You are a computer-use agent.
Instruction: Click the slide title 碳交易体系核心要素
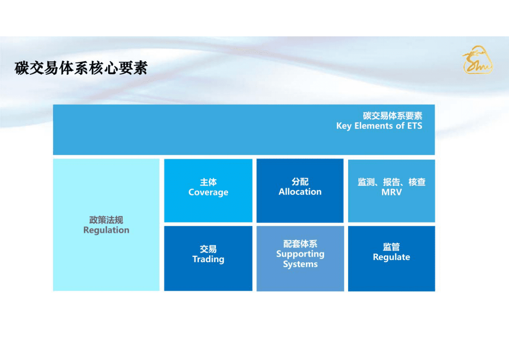click(81, 68)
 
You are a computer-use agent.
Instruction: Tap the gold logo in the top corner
click(477, 60)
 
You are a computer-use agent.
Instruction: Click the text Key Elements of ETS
click(379, 126)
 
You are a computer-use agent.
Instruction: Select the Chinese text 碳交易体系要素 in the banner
click(392, 116)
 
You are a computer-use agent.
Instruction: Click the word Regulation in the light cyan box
click(106, 230)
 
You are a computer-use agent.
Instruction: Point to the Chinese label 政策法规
click(106, 220)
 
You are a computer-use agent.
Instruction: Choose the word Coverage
click(208, 192)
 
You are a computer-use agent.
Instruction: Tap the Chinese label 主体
click(208, 183)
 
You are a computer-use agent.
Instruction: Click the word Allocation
click(300, 192)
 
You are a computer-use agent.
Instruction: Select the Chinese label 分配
click(300, 182)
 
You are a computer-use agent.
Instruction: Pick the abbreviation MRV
click(391, 192)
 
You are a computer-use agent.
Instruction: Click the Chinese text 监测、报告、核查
click(391, 182)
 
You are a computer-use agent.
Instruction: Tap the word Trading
click(208, 259)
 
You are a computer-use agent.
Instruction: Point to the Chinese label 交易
click(208, 249)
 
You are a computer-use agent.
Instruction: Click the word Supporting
click(300, 254)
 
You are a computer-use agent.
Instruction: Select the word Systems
click(300, 264)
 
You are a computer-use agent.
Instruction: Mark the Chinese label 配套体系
click(300, 244)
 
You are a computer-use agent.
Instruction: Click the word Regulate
click(391, 257)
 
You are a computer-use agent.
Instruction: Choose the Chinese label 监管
click(391, 247)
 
